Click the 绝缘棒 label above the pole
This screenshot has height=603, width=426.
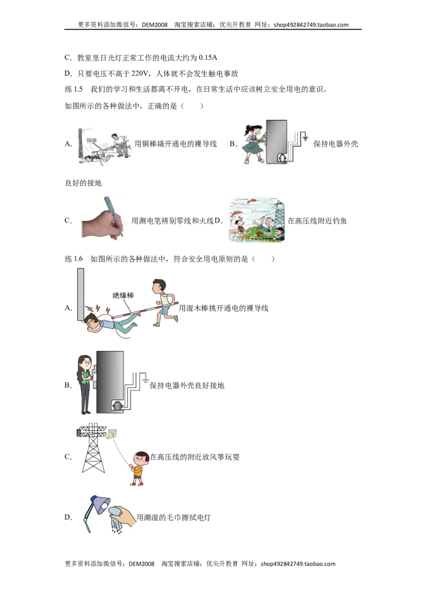pyautogui.click(x=123, y=295)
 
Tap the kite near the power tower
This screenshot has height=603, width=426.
pyautogui.click(x=112, y=434)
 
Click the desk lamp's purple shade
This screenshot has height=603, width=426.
pyautogui.click(x=101, y=504)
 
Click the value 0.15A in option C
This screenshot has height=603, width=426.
pyautogui.click(x=208, y=58)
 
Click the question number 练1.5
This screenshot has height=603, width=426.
pyautogui.click(x=73, y=89)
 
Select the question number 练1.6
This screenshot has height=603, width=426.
pyautogui.click(x=73, y=259)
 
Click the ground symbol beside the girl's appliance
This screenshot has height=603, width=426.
pyautogui.click(x=305, y=137)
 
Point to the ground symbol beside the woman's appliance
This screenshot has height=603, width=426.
pyautogui.click(x=145, y=379)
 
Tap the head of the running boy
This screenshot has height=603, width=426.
pyautogui.click(x=159, y=286)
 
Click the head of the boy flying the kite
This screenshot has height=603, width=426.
pyautogui.click(x=142, y=459)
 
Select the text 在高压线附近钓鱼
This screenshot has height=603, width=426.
pyautogui.click(x=317, y=221)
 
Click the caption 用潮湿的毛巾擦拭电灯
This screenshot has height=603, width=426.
pyautogui.click(x=174, y=517)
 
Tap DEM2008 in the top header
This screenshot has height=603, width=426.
pyautogui.click(x=154, y=25)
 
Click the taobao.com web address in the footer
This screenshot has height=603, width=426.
pyautogui.click(x=298, y=564)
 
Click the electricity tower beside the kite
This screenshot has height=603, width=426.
pyautogui.click(x=93, y=448)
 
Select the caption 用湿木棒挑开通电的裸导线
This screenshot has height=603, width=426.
pyautogui.click(x=223, y=308)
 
